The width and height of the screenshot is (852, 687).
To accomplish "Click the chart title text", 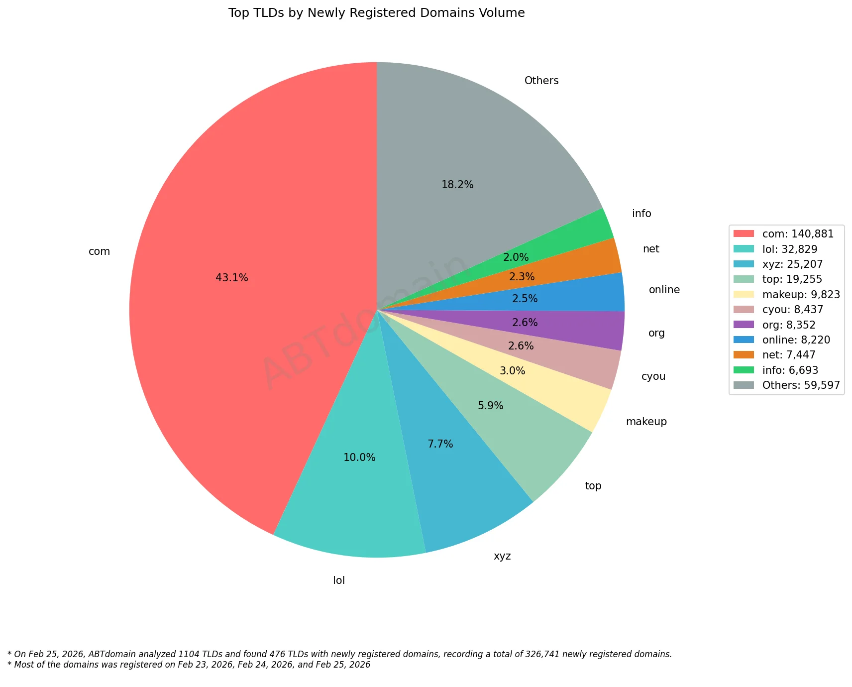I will point(376,13).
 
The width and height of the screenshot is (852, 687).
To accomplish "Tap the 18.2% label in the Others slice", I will point(457,185).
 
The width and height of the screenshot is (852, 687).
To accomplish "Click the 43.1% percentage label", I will point(232,278).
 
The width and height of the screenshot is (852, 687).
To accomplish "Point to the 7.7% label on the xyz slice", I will point(440,444).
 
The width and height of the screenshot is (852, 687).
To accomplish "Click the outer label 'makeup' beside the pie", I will point(646,422).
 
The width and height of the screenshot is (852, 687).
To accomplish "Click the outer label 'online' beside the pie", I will point(664,290).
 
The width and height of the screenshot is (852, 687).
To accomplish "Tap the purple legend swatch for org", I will point(745,325).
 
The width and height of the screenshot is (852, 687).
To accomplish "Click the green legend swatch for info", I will point(745,370).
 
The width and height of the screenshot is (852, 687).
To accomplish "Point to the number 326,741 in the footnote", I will point(544,654).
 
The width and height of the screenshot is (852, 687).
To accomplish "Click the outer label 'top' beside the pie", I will point(593,486).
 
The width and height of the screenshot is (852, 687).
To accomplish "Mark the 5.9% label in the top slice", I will point(491,406).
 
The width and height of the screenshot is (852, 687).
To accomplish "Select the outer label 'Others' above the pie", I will point(541,81).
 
